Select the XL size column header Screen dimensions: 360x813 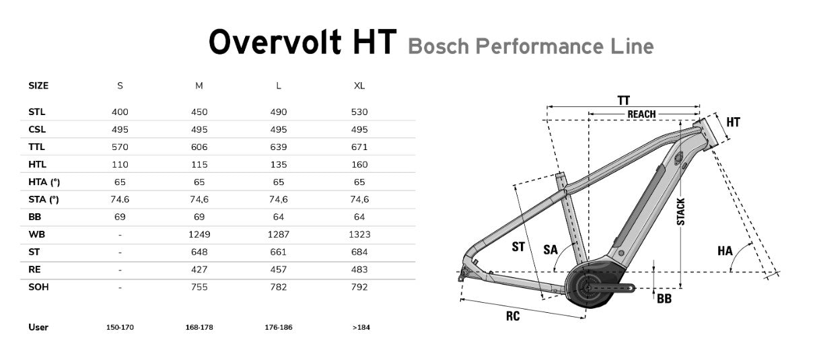point(359,86)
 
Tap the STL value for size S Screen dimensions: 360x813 point(120,112)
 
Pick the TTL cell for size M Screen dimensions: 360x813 point(199,147)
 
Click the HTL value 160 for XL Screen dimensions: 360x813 point(359,165)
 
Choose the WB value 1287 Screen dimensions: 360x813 point(279,235)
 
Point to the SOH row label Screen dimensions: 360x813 point(38,287)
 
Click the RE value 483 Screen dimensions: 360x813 point(359,270)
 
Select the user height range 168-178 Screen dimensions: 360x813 point(199,328)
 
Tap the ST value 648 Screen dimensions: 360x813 point(199,252)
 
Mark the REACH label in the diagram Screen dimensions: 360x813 point(641,114)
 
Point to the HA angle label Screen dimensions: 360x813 point(724,251)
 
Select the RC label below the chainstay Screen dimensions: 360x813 point(513,315)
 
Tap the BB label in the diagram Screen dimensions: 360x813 point(664,299)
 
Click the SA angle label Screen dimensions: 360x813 point(551,250)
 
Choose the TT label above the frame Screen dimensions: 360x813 point(624,100)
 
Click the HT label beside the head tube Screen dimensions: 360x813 point(733,122)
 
